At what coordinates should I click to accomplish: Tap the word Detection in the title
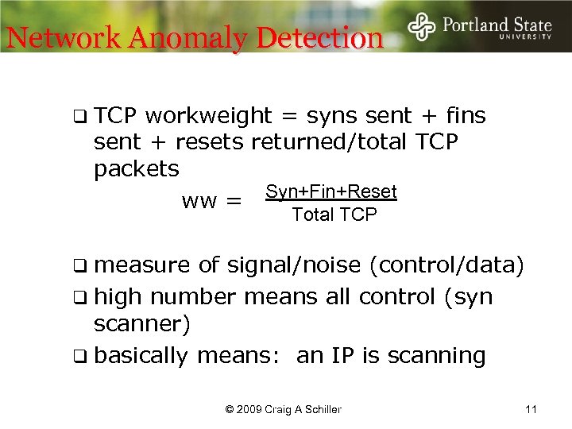coord(324,37)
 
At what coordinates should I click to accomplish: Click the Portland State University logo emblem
coord(422,27)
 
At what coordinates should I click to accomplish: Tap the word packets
coord(137,168)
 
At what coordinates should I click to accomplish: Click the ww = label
coord(211,202)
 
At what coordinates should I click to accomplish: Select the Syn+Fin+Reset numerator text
coord(331,191)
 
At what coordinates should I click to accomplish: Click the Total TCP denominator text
coord(334,214)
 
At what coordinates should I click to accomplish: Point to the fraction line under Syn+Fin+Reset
coord(331,203)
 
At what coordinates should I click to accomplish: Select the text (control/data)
coord(446,265)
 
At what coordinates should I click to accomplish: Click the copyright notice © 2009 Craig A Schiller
coord(284,409)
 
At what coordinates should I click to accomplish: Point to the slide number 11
coord(531,409)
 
